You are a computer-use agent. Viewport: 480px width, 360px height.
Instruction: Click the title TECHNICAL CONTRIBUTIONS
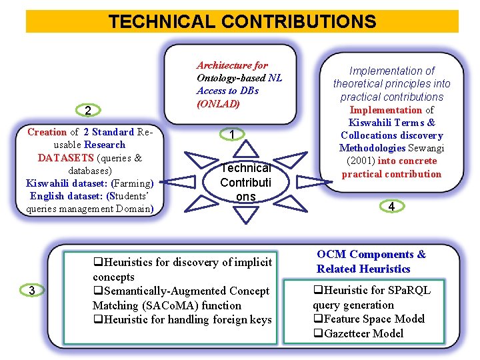tap(242, 22)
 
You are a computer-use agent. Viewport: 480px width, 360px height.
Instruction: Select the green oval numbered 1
tap(231, 135)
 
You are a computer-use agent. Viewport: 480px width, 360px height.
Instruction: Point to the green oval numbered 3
tap(31, 290)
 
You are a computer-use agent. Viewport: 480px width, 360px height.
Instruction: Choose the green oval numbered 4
tap(391, 207)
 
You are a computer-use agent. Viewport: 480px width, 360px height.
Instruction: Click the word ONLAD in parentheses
tap(218, 103)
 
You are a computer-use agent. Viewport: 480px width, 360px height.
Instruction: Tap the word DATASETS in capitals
tap(66, 158)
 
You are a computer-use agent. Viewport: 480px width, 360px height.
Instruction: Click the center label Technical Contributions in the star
tap(245, 182)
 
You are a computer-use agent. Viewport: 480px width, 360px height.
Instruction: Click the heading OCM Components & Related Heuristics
tap(371, 261)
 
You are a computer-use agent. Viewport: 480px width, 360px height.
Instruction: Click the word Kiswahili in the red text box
tap(371, 123)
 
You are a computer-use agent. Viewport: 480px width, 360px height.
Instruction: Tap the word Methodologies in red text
tap(371, 148)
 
